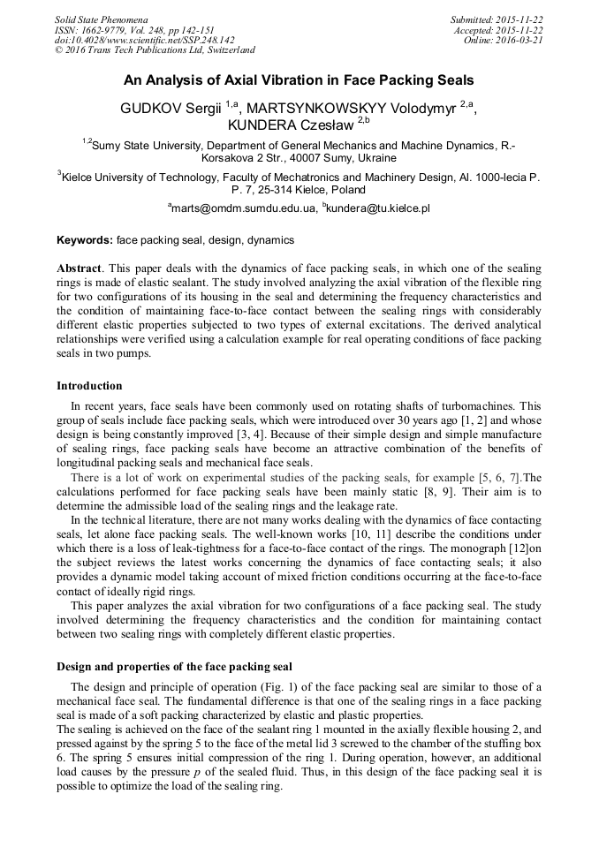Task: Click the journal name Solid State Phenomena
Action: pos(101,19)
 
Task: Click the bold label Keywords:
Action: pos(85,240)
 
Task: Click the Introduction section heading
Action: pos(89,386)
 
